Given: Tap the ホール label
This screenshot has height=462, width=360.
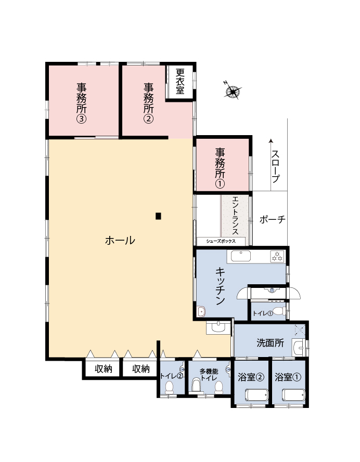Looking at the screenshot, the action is [120, 241].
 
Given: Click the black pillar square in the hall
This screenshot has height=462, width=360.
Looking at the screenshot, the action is [158, 216].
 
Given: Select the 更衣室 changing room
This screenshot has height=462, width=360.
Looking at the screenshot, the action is [180, 82].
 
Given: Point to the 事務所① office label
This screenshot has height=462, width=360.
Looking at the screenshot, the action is [220, 168].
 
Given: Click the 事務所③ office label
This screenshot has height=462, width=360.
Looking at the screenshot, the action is [82, 103].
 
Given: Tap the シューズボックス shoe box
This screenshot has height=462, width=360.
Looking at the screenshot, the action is [221, 241].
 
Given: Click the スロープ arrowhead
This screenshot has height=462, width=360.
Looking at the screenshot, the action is [271, 141].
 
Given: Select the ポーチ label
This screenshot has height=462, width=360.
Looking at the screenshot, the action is [273, 219].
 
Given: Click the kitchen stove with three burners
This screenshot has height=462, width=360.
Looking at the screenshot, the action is [277, 256].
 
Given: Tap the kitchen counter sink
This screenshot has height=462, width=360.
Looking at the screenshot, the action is [240, 256].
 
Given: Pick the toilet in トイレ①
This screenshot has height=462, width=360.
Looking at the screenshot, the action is [279, 311].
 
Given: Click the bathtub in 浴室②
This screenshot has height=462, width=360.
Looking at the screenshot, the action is [257, 395].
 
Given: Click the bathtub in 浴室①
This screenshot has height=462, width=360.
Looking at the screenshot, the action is [293, 395].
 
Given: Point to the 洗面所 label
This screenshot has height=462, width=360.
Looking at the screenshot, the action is [270, 343].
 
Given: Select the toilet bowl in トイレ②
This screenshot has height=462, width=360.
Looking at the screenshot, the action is [169, 388].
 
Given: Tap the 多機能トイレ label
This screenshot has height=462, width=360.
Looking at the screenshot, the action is [209, 375].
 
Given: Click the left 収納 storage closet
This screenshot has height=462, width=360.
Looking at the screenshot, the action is [102, 368].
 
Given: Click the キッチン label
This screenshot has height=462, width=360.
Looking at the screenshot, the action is [220, 286].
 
